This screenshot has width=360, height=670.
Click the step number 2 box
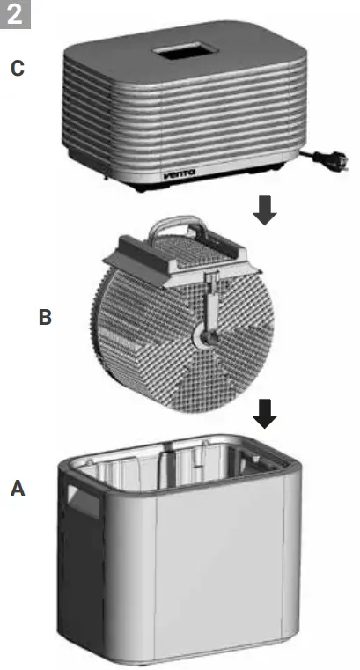pos(16,14)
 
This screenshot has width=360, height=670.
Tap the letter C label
pos(18,68)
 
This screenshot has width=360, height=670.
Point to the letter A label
pos(18,487)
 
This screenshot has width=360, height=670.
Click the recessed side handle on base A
pos(83,504)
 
